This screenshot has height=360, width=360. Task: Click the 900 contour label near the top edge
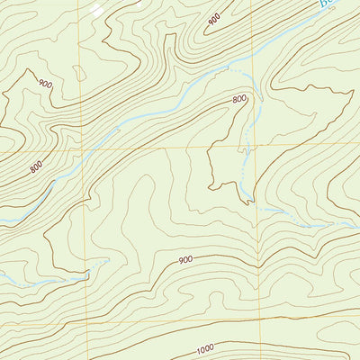tap(214, 17)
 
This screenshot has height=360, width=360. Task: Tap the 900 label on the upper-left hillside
tap(46, 84)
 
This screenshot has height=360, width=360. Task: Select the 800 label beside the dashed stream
tap(239, 99)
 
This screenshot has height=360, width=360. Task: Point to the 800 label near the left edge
tap(36, 166)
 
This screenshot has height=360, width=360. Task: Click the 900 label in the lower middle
tap(185, 260)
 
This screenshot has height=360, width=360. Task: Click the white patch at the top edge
tap(95, 9)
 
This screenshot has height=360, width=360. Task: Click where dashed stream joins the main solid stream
tap(241, 69)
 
